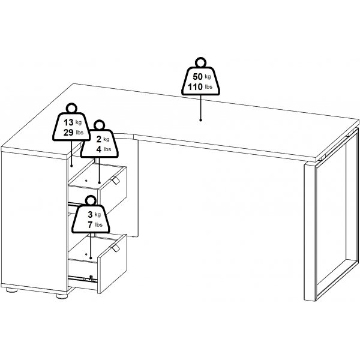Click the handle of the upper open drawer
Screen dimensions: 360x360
[x=115, y=180]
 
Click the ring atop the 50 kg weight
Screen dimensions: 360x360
[x=200, y=62]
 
